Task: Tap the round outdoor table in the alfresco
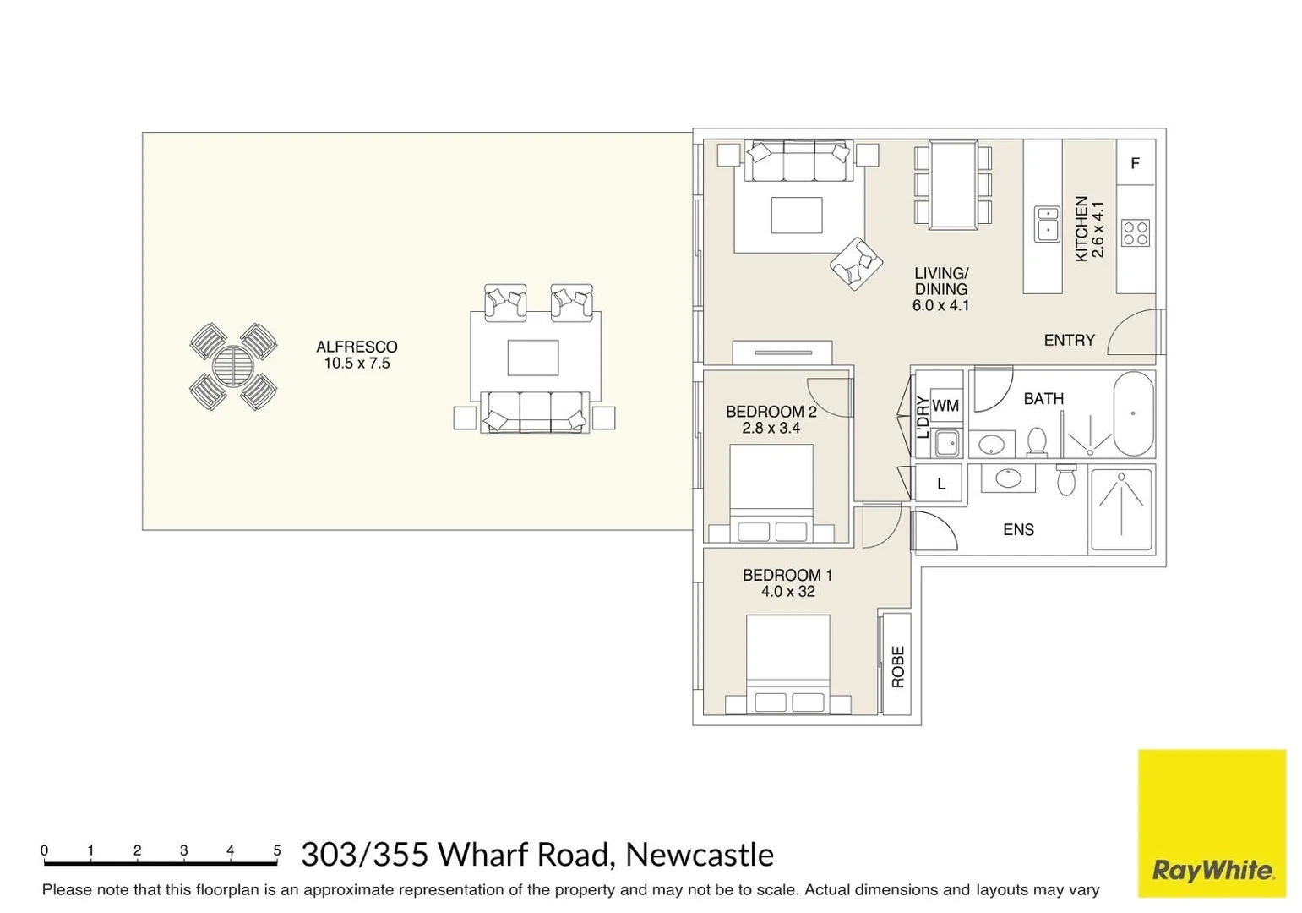coord(232,367)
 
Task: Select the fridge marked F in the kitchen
coord(1135,163)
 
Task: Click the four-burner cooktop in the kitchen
coord(1135,232)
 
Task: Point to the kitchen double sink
coord(1047,224)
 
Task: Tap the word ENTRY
coord(1069,340)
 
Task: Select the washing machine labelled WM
coord(945,406)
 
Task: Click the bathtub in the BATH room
coord(1133,413)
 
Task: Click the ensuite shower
coord(1121,509)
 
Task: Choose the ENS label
coord(1018,530)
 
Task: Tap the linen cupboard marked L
coord(940,484)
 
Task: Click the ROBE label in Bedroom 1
coord(897,666)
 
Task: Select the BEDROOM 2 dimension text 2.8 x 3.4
coord(771,428)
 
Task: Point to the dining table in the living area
coord(953,184)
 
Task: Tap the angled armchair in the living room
coord(856,264)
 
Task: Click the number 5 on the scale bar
coord(276,850)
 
